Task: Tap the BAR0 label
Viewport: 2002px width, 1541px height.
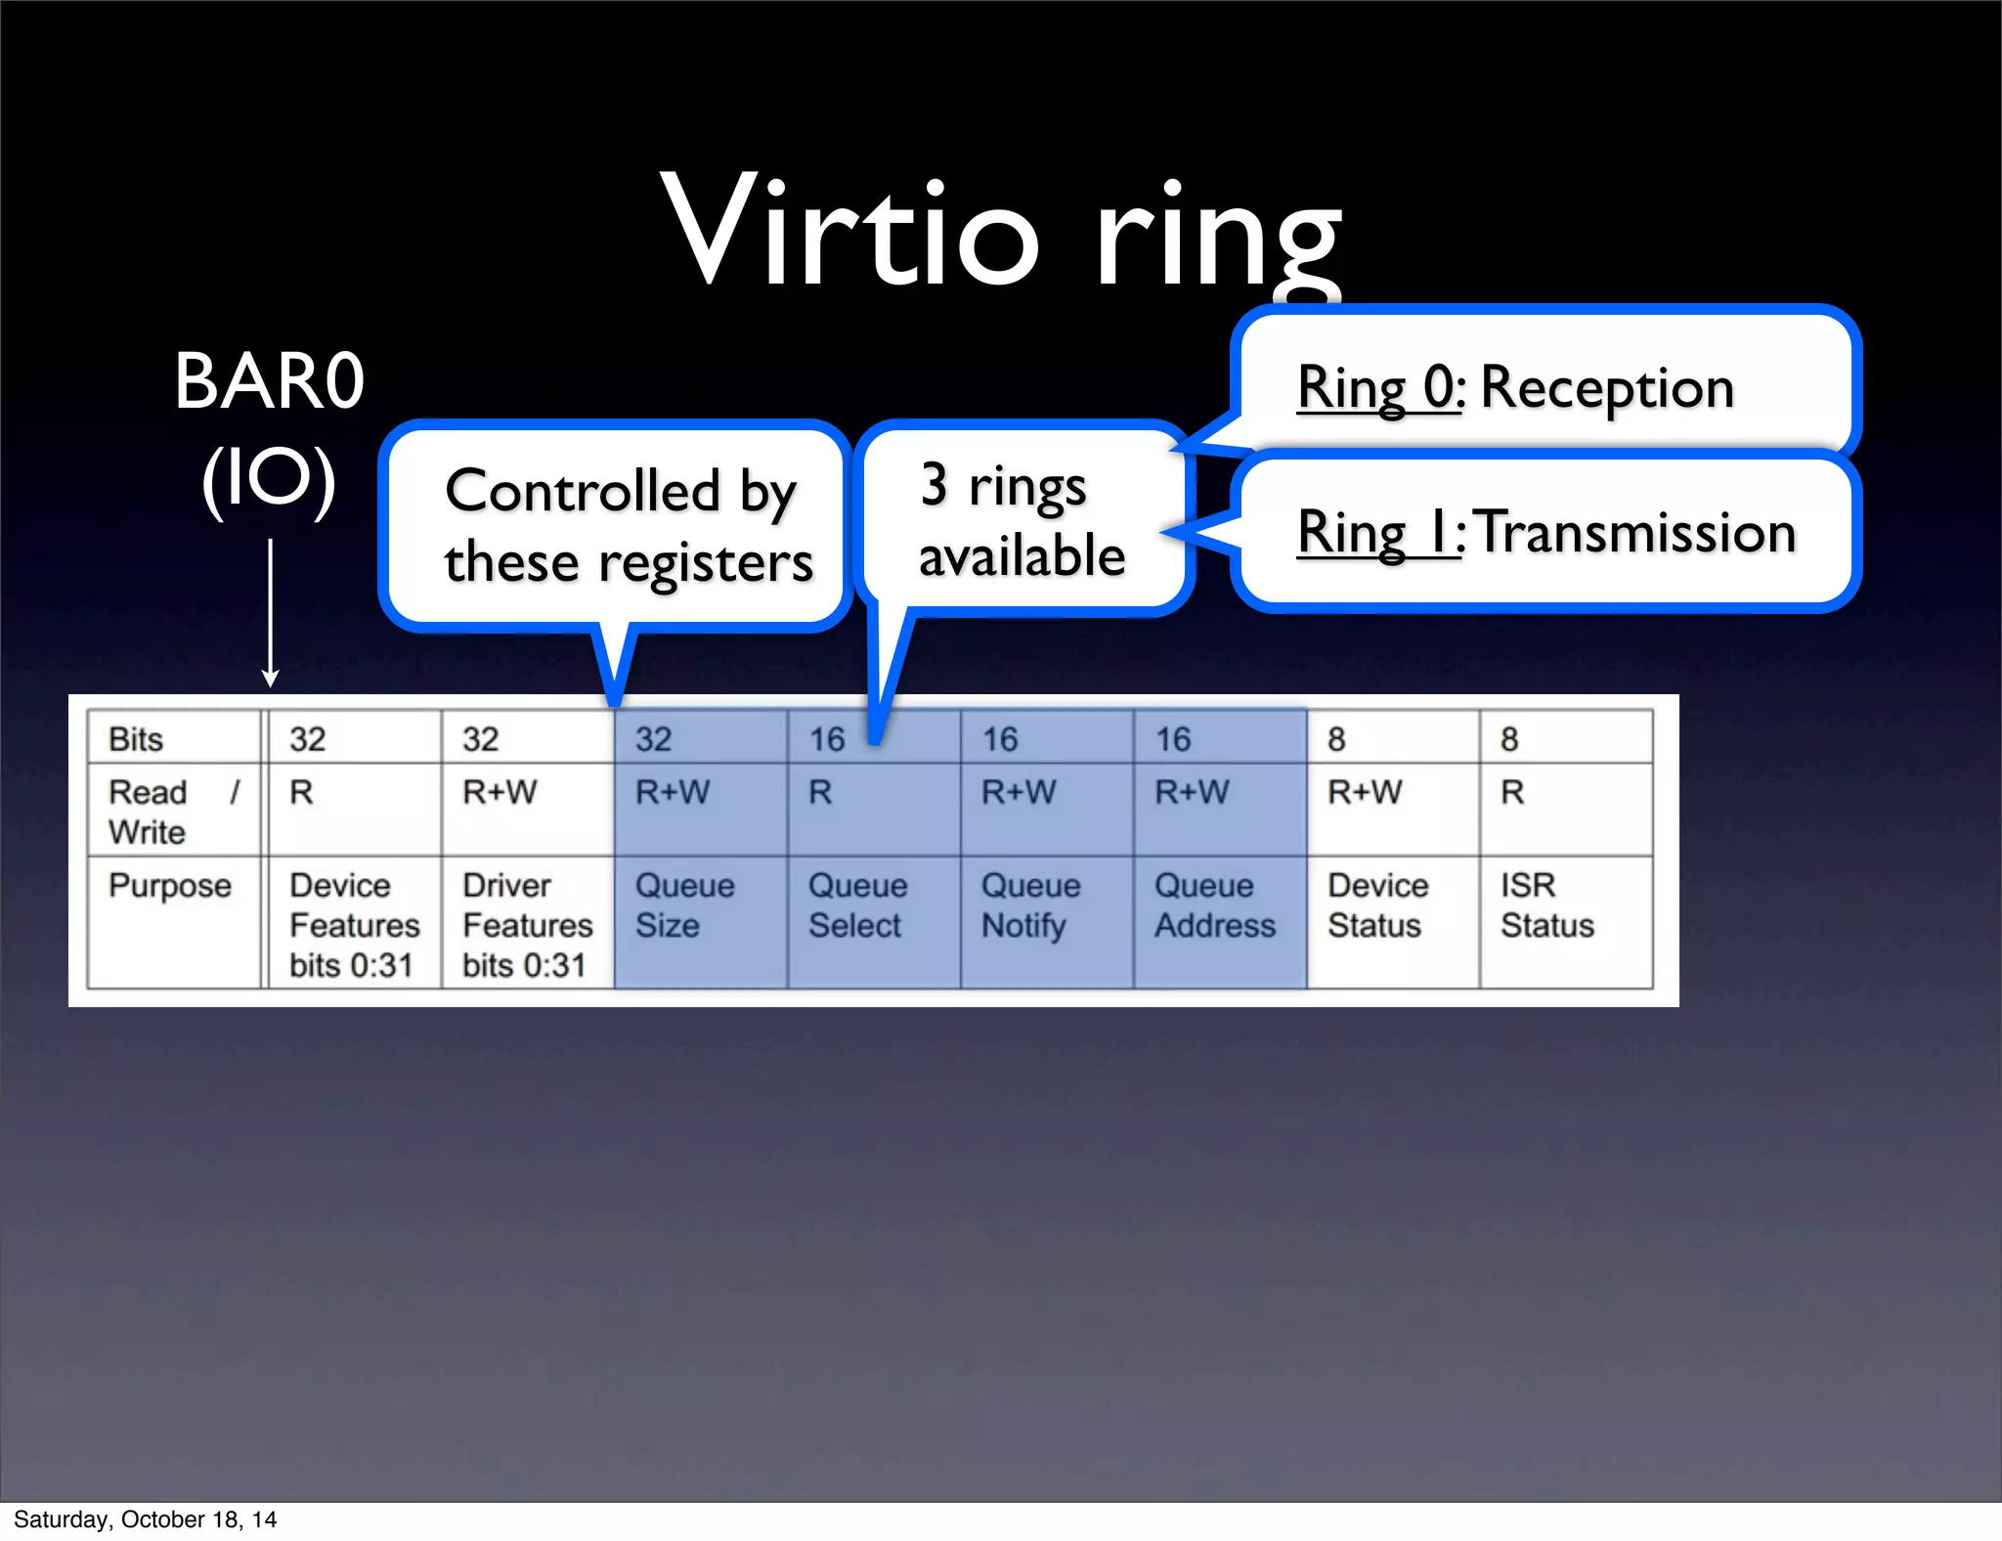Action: point(270,381)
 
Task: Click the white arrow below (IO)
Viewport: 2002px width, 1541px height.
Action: point(271,612)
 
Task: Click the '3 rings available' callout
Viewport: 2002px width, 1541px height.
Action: point(1022,520)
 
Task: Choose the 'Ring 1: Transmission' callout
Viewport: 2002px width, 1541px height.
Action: point(1546,533)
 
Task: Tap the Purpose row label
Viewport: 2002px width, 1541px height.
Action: point(170,886)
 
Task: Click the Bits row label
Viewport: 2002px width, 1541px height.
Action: point(136,739)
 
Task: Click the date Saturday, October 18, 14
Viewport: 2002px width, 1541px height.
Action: point(145,1519)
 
